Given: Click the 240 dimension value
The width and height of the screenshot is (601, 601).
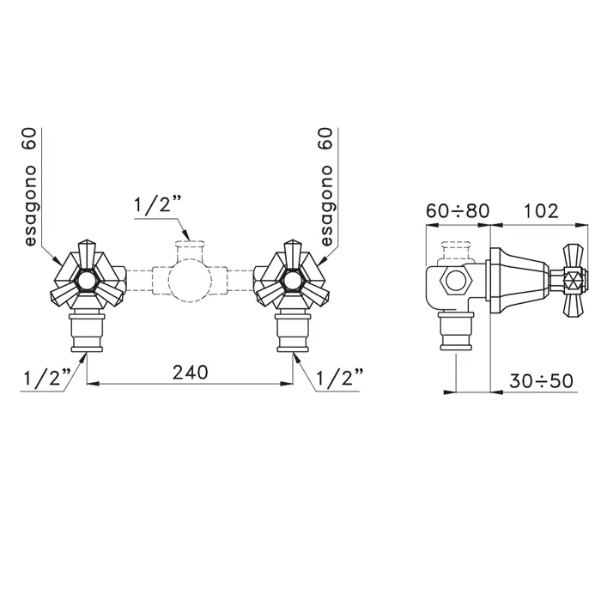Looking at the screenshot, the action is tap(190, 372).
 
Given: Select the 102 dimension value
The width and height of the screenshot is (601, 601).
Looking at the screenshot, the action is tap(541, 211).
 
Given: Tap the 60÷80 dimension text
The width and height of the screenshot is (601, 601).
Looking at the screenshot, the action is tap(458, 211).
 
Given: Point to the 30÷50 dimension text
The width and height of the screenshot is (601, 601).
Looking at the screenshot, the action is tap(541, 381).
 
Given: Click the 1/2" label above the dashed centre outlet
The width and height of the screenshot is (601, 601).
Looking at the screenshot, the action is tap(157, 204).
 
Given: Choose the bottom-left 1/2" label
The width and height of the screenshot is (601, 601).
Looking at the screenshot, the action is tap(47, 378).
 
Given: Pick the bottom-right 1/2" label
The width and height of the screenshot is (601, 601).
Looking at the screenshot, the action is tap(340, 378).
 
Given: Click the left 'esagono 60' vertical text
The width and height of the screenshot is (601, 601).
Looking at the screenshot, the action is tap(30, 187).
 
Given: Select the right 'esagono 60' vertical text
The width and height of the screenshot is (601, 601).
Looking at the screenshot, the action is tap(325, 187).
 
